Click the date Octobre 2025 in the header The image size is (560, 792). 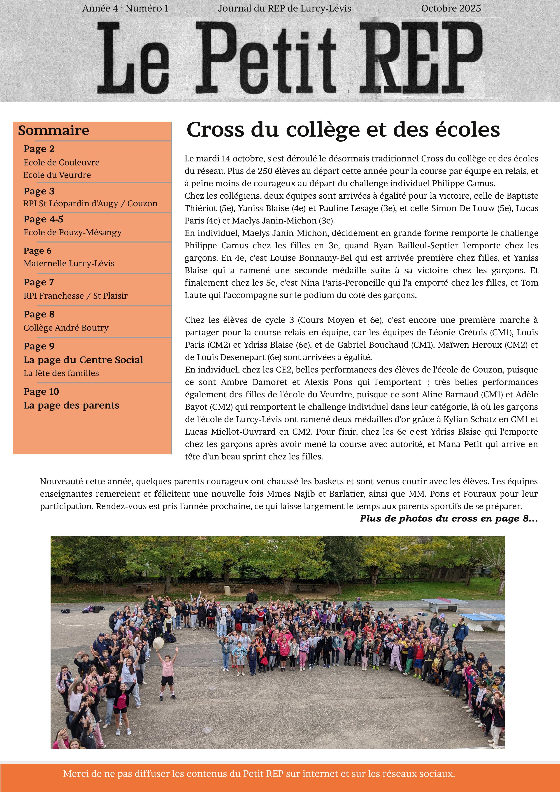(x=451, y=8)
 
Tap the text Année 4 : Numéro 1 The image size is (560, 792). (x=125, y=8)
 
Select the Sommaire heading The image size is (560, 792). (x=53, y=130)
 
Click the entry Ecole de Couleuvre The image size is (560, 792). (x=61, y=163)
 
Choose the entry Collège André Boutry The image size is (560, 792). (x=66, y=327)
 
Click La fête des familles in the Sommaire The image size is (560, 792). (x=61, y=373)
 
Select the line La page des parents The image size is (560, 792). (x=71, y=405)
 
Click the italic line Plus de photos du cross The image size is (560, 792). (x=448, y=518)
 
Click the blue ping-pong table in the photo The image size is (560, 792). (x=483, y=616)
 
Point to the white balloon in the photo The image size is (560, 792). (x=158, y=642)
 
